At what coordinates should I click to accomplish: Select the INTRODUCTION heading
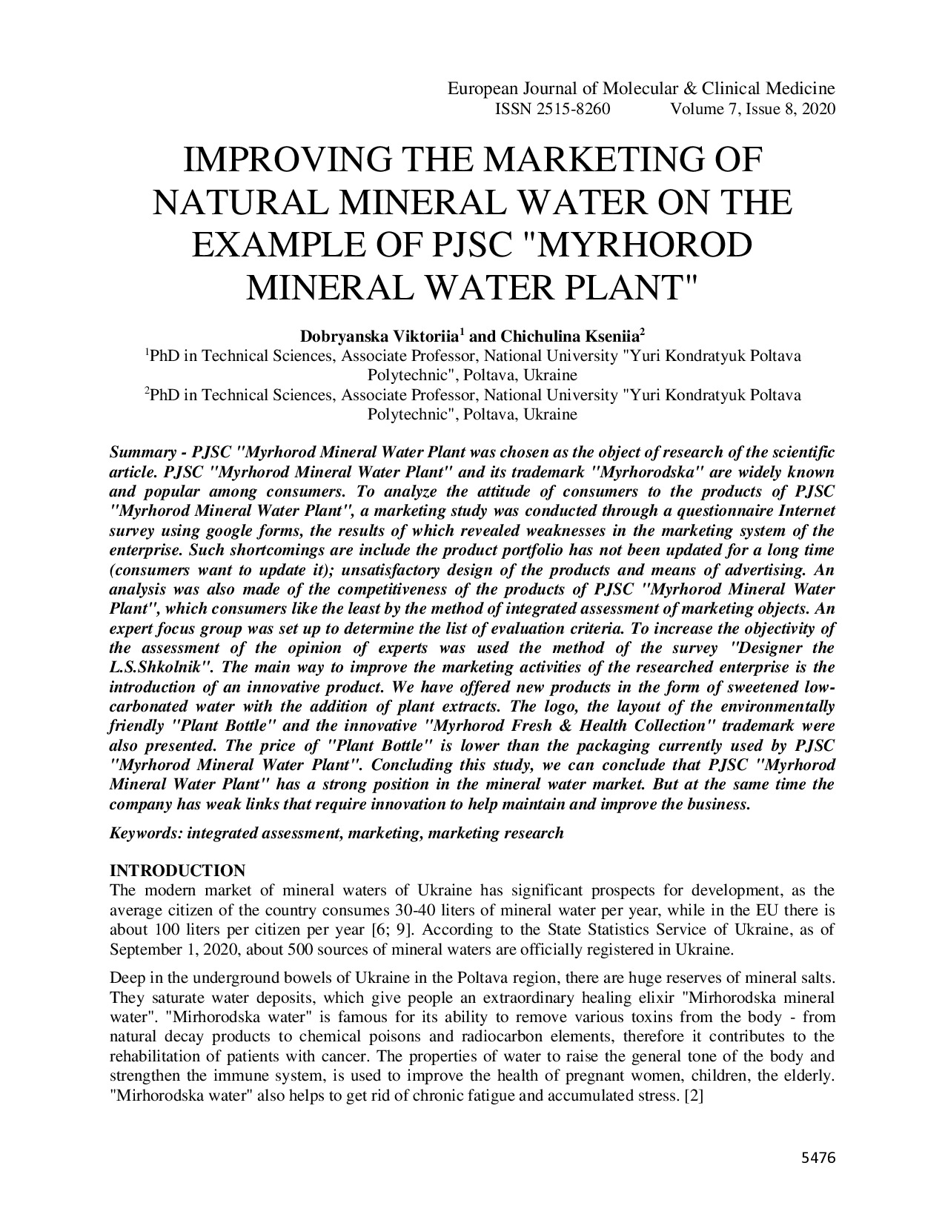point(177,870)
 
